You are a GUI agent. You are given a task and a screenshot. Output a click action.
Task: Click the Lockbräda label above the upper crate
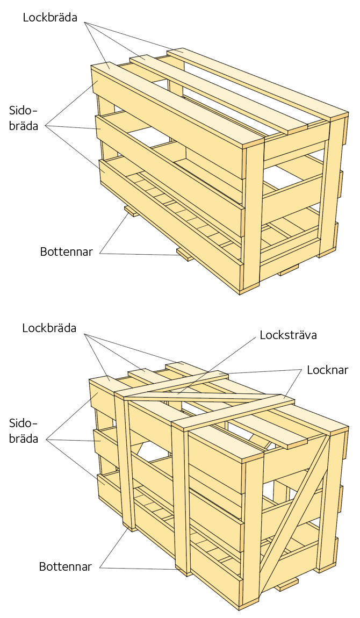(50, 17)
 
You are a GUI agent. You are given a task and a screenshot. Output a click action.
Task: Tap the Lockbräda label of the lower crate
(49, 328)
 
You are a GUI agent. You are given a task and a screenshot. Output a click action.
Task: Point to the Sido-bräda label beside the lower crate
(24, 431)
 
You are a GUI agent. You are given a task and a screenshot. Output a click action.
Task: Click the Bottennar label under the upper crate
(67, 251)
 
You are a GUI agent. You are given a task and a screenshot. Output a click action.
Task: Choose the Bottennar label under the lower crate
(66, 566)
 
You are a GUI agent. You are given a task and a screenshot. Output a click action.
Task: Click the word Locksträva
(288, 335)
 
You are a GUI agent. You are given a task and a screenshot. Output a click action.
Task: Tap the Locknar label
(327, 370)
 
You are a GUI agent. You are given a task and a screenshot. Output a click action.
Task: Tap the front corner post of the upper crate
(253, 215)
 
